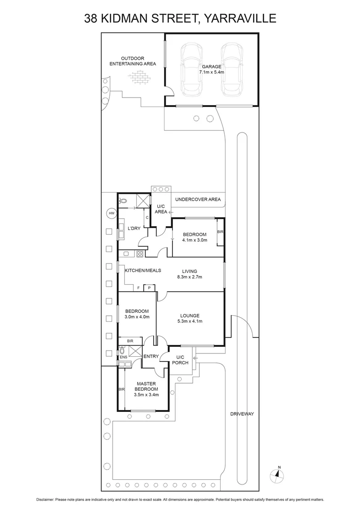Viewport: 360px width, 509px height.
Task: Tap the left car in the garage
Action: [191, 69]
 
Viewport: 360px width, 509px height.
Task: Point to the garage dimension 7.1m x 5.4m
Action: [211, 73]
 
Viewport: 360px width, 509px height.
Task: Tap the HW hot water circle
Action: [112, 213]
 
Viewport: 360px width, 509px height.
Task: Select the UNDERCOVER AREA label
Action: [198, 199]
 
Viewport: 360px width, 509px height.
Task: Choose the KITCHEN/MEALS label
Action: [143, 271]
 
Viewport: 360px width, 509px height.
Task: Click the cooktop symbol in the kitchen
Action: [139, 254]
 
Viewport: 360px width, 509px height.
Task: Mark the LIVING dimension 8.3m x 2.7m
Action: [190, 277]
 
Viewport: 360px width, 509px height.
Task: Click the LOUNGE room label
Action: [190, 316]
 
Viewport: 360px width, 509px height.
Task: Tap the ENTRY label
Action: [151, 356]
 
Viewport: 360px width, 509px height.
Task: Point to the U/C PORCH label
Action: [182, 360]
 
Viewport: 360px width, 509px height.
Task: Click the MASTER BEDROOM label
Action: [146, 386]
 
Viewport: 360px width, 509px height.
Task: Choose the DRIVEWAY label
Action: [242, 414]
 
